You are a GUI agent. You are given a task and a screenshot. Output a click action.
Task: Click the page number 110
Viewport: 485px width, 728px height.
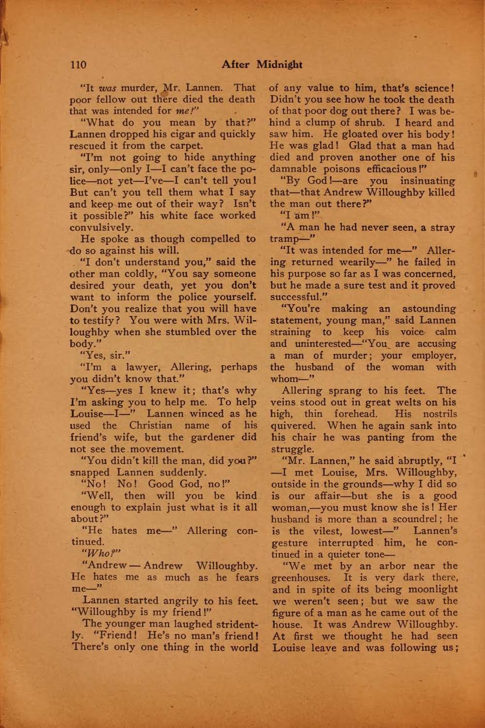pos(78,64)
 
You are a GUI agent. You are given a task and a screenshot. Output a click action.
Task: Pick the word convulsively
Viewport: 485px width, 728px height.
pos(100,227)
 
